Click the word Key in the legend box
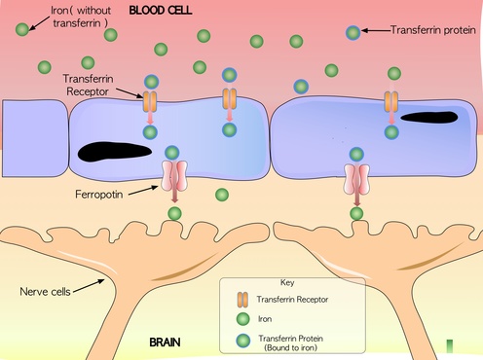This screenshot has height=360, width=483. coord(287,283)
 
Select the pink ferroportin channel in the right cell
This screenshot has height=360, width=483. coord(357,178)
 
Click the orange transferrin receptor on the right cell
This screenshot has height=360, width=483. coord(391,101)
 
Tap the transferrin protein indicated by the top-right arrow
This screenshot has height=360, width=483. coord(353,33)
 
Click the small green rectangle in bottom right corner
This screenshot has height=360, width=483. coord(449,345)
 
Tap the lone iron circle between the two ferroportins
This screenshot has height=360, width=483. coord(221,195)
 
